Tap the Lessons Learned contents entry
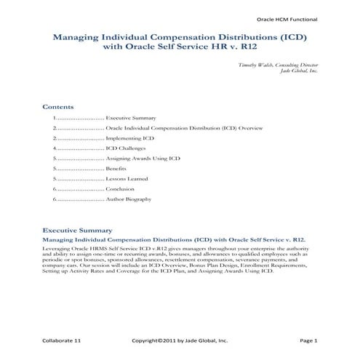127,178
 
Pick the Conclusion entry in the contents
120,188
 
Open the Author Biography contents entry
129,199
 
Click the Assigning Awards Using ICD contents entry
137,158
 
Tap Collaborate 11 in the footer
63,339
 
